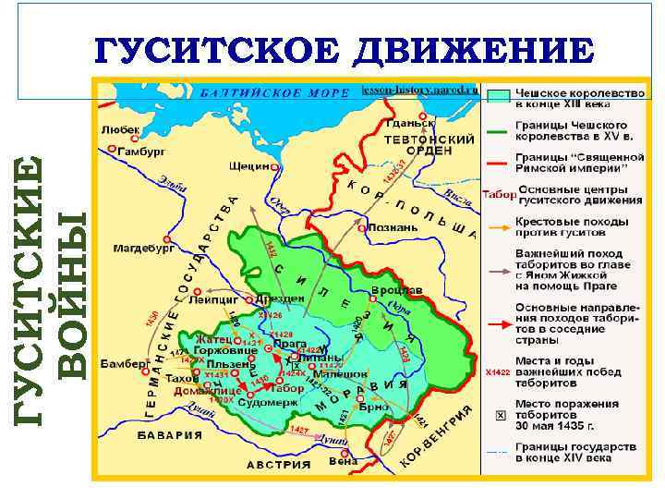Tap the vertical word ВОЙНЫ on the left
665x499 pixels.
click(73, 294)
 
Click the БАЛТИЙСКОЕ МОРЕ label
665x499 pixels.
click(274, 93)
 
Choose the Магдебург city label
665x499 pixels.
click(143, 248)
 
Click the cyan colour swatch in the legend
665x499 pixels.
click(499, 95)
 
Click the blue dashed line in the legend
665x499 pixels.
click(499, 452)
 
